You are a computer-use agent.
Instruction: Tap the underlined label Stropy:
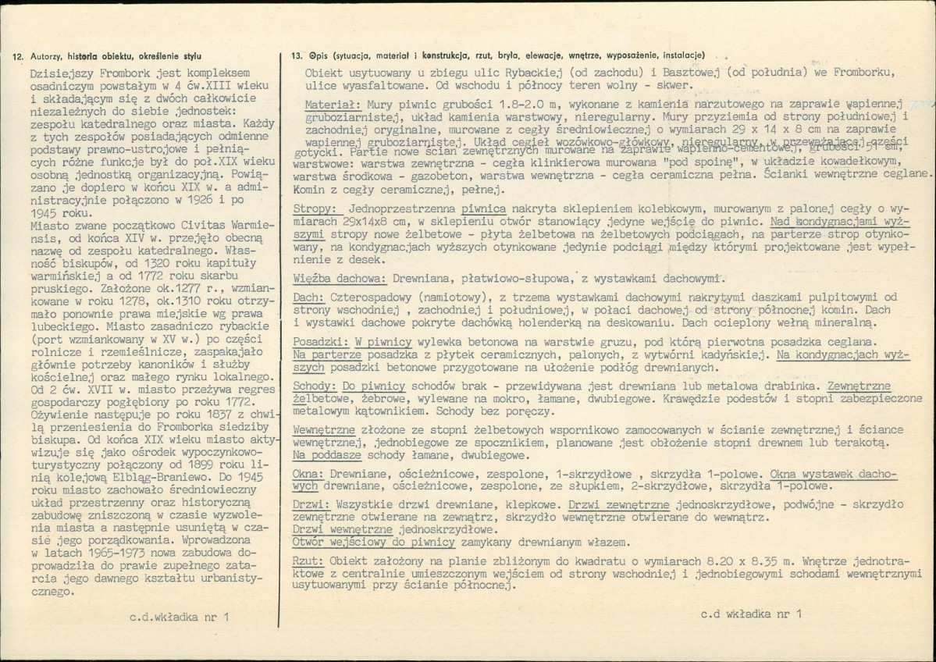click(x=315, y=210)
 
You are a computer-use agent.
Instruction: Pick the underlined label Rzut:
click(x=308, y=561)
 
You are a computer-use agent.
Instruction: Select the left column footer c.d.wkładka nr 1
click(x=180, y=617)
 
